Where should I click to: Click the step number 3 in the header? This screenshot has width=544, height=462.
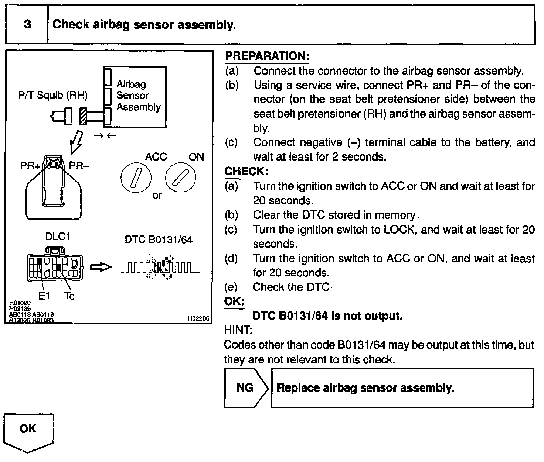coord(27,25)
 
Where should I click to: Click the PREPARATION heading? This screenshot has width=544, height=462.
coord(267,56)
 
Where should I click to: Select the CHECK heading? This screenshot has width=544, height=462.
coord(246,172)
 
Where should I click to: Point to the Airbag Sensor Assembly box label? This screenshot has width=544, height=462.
coord(139,96)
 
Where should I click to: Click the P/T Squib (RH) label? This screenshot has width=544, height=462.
coord(53,96)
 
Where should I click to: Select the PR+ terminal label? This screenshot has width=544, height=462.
coord(30,166)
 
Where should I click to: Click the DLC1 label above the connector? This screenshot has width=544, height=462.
coord(58,237)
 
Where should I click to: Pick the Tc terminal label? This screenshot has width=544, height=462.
coord(69,296)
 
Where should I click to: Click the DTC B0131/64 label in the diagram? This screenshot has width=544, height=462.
coord(159,240)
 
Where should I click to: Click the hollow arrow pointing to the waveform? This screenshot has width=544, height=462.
coord(101,267)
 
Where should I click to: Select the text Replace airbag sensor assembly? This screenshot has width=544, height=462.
coord(365,388)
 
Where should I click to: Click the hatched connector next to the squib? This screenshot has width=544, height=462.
coord(83,116)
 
